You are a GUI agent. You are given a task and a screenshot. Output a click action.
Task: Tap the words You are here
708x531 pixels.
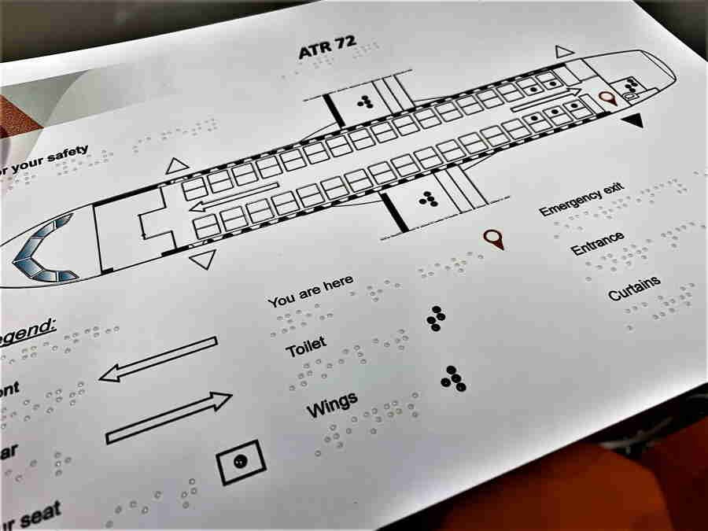[310, 291]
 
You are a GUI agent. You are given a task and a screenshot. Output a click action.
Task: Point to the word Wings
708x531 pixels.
[332, 404]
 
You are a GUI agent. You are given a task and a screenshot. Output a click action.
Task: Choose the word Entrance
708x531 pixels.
[598, 243]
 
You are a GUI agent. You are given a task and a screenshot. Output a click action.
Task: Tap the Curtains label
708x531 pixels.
[634, 288]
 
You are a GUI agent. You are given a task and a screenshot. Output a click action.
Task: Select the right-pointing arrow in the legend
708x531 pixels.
[169, 416]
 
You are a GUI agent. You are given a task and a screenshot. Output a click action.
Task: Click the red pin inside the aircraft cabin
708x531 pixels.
[606, 98]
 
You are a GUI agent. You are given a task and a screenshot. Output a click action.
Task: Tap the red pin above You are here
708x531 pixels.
[493, 238]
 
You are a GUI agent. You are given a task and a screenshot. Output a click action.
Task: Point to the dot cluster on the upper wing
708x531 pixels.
[364, 101]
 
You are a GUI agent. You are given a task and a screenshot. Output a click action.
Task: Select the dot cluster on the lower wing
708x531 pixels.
[428, 199]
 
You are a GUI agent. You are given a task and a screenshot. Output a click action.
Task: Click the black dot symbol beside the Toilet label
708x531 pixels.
[435, 317]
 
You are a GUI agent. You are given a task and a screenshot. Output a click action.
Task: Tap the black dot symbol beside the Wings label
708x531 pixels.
[452, 378]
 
